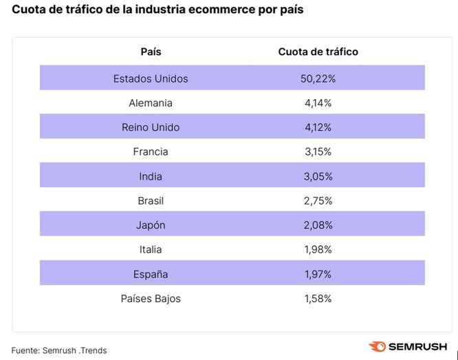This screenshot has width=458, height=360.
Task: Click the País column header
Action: [x=151, y=52]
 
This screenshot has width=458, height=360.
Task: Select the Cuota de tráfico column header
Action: [x=318, y=52]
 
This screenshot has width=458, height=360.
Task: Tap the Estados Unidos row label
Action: [x=151, y=78]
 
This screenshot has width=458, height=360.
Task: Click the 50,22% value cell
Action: [x=318, y=78]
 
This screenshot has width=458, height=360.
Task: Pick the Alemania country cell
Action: [x=151, y=103]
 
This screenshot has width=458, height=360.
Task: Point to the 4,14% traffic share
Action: [x=318, y=103]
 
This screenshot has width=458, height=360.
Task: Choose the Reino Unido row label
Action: [x=151, y=127]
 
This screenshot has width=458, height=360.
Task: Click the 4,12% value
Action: [x=318, y=127]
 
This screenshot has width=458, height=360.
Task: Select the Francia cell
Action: [x=151, y=151]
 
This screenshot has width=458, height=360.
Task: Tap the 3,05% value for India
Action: [x=318, y=176]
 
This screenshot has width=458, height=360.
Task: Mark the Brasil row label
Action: [x=151, y=201]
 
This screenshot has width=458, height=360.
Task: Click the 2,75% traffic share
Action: [x=318, y=201]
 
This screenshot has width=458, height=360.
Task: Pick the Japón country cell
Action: [x=151, y=225]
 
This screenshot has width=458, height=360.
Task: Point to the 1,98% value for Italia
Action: [x=318, y=250]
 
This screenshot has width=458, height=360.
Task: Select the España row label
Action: [x=151, y=274]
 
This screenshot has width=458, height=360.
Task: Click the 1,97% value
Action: [x=318, y=274]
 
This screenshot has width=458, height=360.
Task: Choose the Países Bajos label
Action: [x=151, y=299]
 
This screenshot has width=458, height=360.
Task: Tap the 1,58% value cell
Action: [x=318, y=299]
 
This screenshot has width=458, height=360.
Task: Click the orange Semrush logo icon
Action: [x=377, y=347]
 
